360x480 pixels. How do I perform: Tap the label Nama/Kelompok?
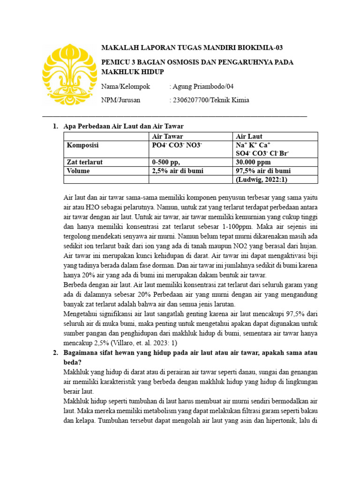pyautogui.click(x=126, y=87)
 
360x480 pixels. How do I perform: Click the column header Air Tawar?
pyautogui.click(x=168, y=136)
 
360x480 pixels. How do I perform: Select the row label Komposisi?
pyautogui.click(x=82, y=145)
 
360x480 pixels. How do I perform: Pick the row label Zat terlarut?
pyautogui.click(x=85, y=162)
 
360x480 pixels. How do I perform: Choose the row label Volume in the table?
pyautogui.click(x=78, y=171)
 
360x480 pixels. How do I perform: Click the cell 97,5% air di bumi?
pyautogui.click(x=263, y=171)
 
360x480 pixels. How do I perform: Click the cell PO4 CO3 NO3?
pyautogui.click(x=177, y=145)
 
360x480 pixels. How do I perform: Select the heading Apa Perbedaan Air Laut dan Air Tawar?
pyautogui.click(x=123, y=127)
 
